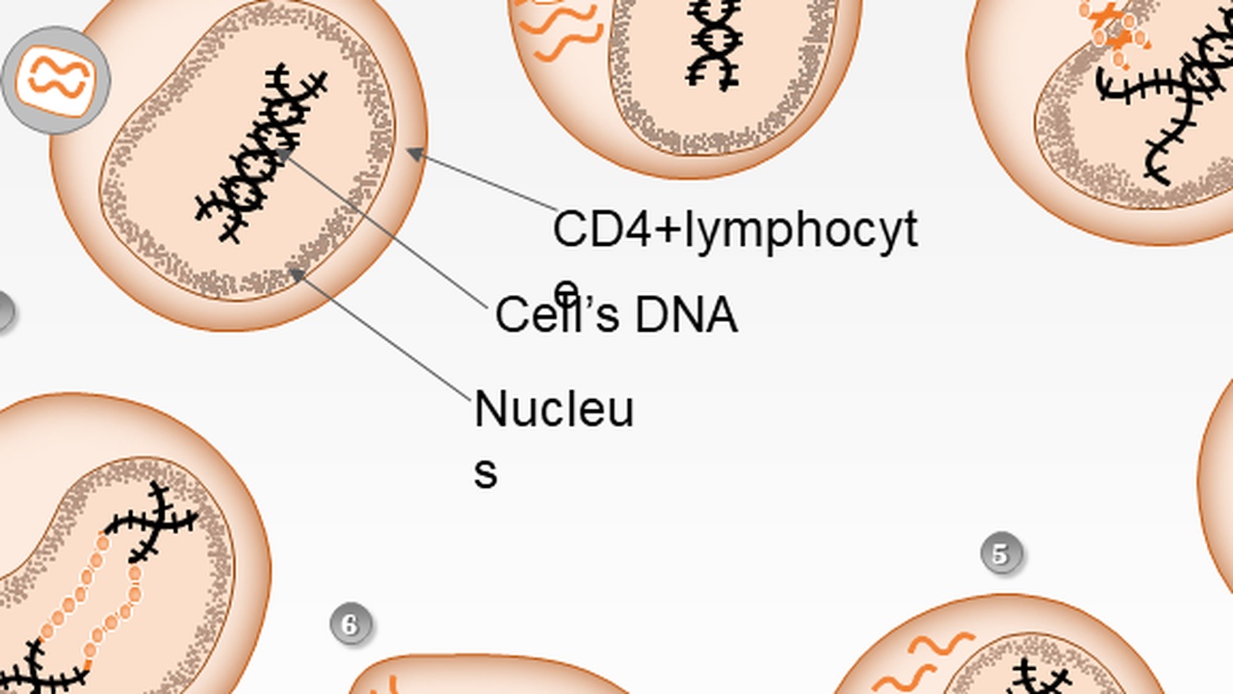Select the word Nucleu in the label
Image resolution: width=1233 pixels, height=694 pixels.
[554, 410]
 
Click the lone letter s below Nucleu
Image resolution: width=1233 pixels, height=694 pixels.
[485, 472]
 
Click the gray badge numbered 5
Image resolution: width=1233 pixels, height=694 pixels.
[1002, 554]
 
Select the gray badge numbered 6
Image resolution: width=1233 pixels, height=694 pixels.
[351, 625]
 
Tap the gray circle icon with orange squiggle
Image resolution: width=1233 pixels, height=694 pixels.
[56, 80]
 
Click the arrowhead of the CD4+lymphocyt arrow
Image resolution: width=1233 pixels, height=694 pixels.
[411, 151]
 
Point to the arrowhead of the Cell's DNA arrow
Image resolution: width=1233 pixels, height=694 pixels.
[280, 151]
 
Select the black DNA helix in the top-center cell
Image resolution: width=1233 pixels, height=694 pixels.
[714, 43]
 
